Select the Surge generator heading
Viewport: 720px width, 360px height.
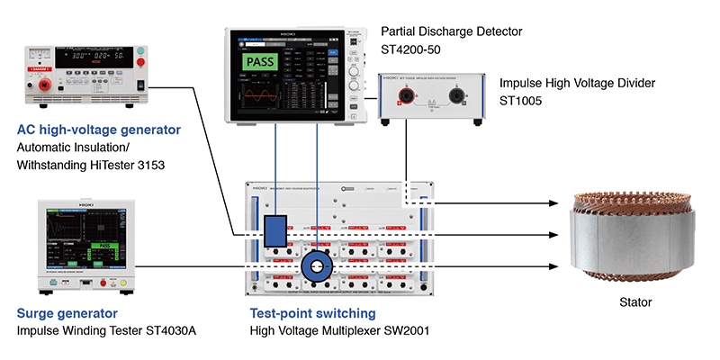pos(67,313)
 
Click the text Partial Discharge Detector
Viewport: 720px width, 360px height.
pos(451,31)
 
